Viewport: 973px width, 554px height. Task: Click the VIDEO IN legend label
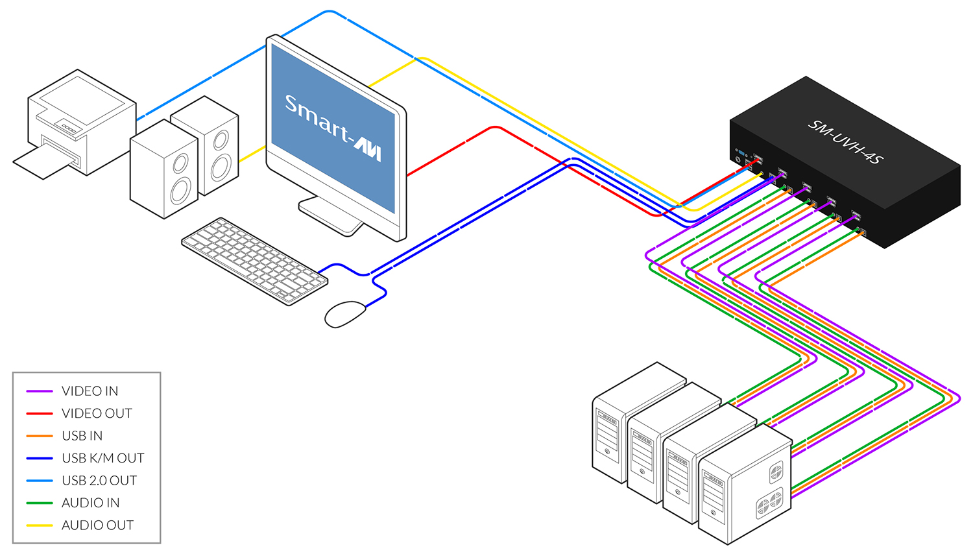coord(90,391)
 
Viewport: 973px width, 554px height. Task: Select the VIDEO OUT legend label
coord(97,413)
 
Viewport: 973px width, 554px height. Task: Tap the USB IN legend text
coord(82,436)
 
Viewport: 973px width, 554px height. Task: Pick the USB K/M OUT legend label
coord(102,458)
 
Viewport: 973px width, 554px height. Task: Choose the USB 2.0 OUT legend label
coord(99,481)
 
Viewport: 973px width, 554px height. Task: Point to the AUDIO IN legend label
coord(90,503)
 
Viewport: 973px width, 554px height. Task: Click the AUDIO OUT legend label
coord(97,525)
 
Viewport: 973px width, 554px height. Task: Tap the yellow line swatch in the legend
coord(39,525)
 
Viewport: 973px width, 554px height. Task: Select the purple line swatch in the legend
coord(39,391)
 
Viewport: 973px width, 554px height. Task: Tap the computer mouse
coord(345,314)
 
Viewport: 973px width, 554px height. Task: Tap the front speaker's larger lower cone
coord(180,191)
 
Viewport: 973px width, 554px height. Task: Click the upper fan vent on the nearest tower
coord(776,472)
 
